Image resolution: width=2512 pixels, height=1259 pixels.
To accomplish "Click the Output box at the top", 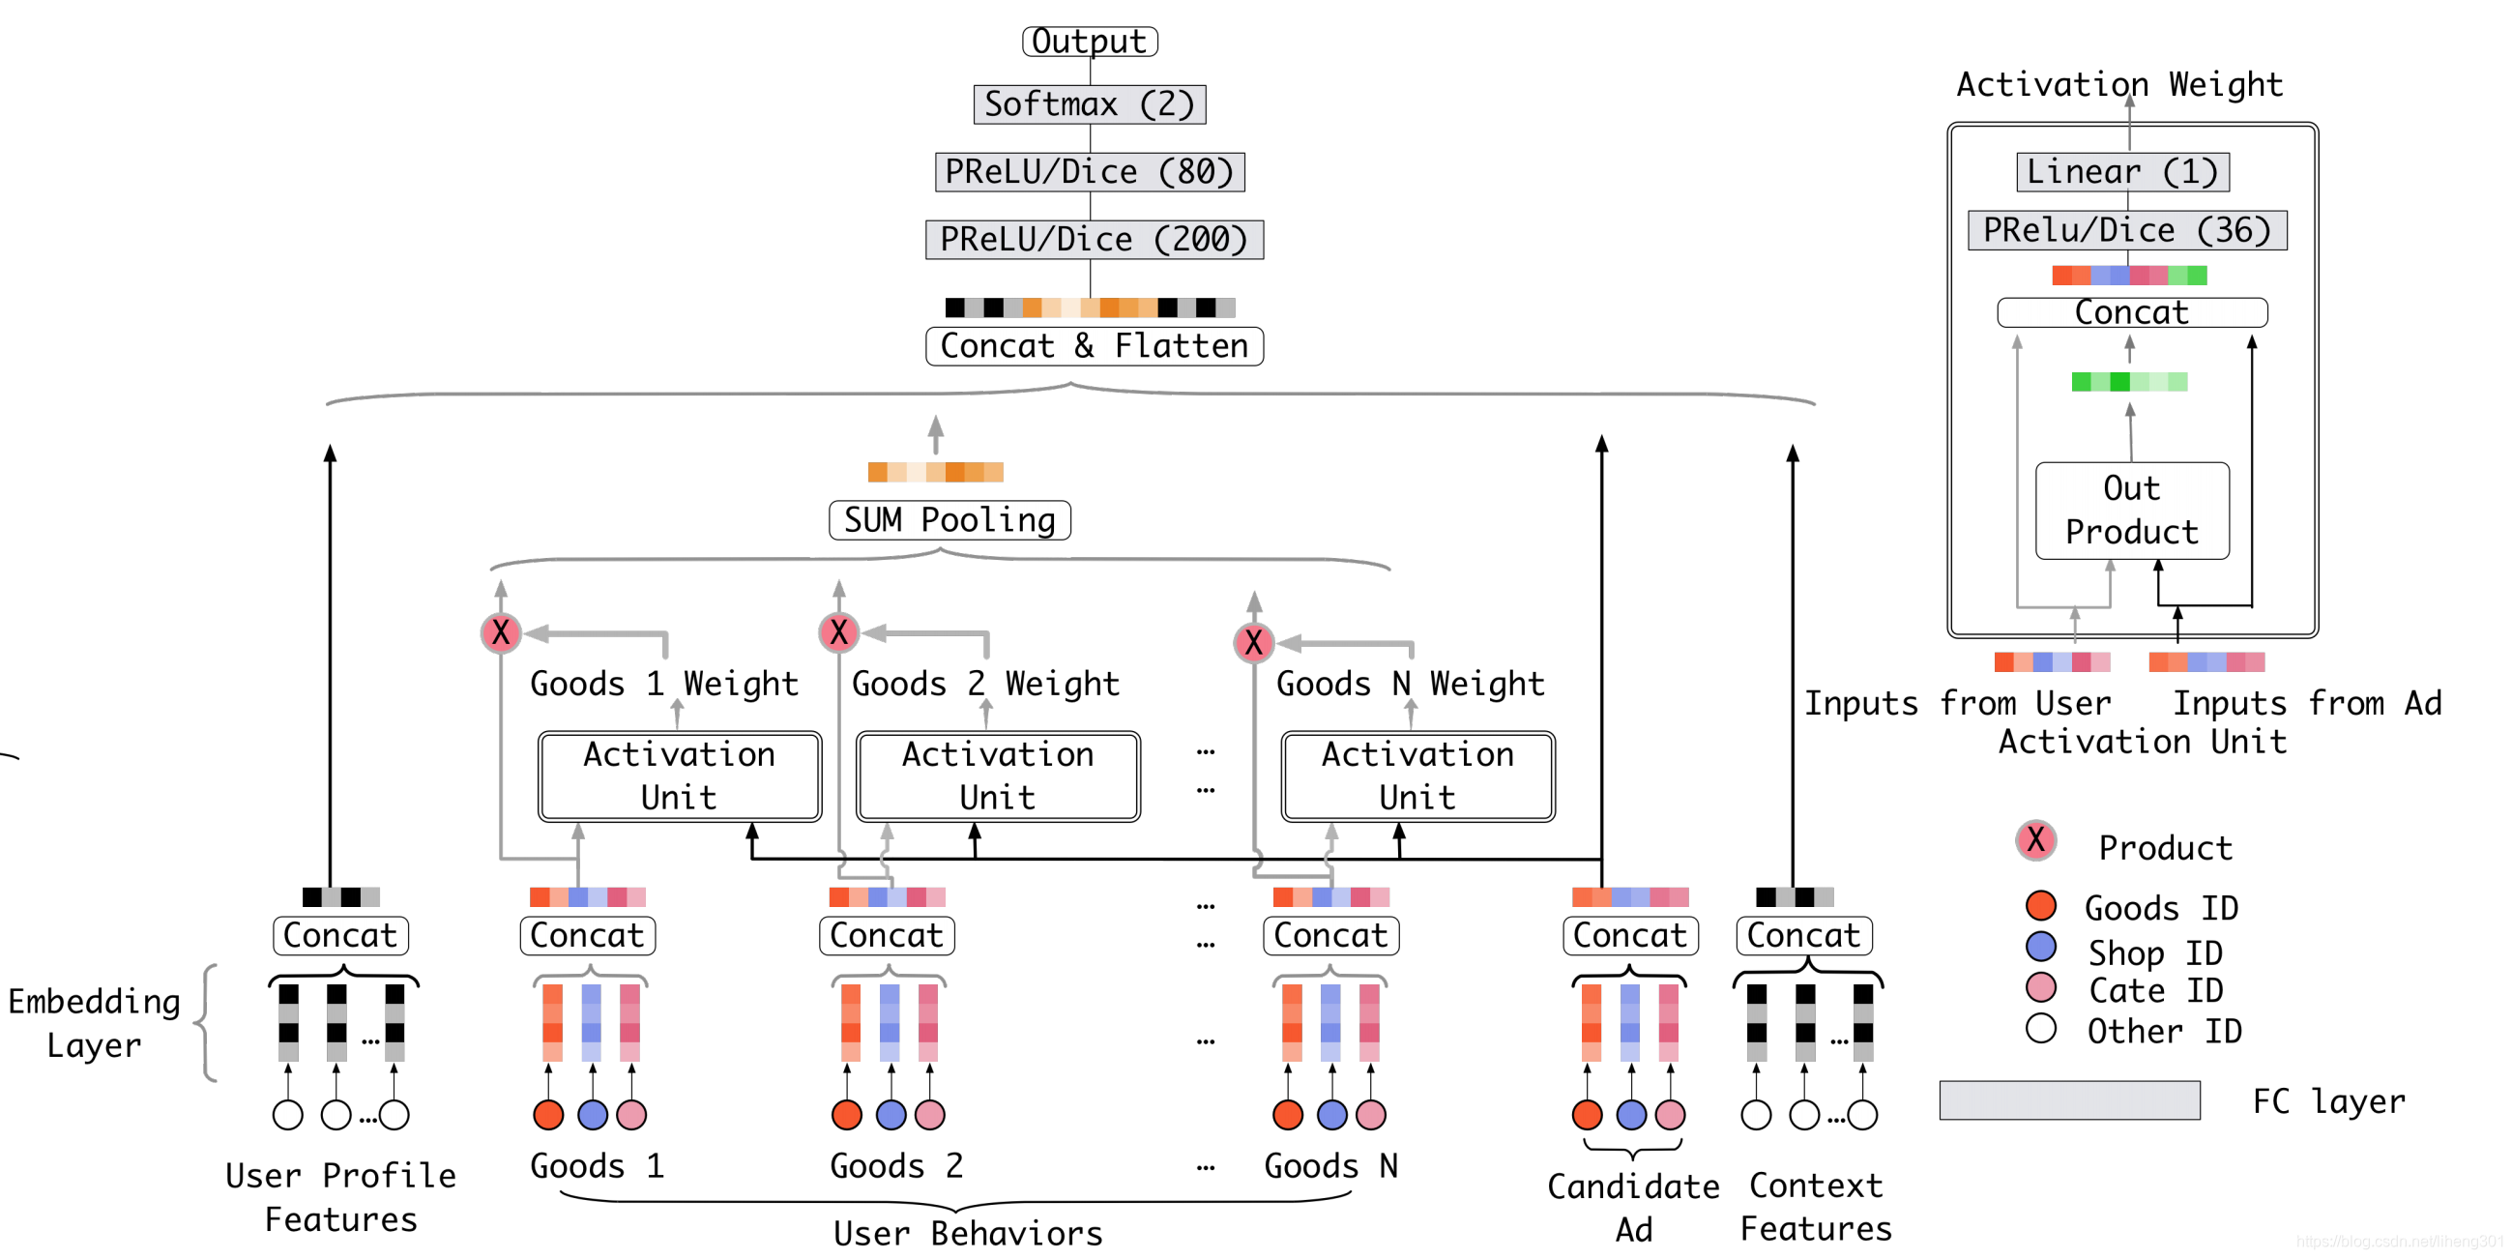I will click(x=1090, y=41).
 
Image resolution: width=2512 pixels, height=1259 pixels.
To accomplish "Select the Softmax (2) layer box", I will click(x=1090, y=104).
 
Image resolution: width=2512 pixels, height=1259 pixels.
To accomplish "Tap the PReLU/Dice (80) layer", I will click(x=1090, y=171).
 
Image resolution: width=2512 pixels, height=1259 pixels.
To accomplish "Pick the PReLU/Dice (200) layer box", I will click(x=1094, y=239).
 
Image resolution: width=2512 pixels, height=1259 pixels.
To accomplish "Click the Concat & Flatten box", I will click(x=1094, y=346).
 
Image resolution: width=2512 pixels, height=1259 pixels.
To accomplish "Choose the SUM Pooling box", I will click(x=949, y=520).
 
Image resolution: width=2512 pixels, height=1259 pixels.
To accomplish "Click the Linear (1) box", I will click(x=2122, y=171).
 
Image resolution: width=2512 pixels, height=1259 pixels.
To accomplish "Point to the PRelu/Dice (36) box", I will click(x=2126, y=230).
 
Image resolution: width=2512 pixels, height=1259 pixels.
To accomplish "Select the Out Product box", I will click(x=2132, y=510).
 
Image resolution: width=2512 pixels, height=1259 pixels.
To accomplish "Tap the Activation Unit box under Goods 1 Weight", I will click(x=679, y=776).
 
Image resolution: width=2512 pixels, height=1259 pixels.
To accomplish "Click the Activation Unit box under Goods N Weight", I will click(x=1417, y=776).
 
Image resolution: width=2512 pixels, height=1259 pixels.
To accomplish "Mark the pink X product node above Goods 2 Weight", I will click(x=838, y=632).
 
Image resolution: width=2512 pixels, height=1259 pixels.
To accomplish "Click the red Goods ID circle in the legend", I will click(x=2040, y=906).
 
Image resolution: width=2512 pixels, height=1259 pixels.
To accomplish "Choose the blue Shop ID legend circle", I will click(x=2040, y=947).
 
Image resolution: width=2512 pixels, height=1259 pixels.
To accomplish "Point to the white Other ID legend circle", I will click(x=2040, y=1028).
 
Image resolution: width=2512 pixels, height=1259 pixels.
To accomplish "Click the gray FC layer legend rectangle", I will click(x=2069, y=1100).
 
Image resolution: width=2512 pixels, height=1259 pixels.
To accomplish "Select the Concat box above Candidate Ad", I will click(x=1629, y=935).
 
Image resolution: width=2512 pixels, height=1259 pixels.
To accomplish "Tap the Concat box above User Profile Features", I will click(x=340, y=935).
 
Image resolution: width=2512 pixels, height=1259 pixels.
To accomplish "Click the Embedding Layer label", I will click(x=95, y=1022).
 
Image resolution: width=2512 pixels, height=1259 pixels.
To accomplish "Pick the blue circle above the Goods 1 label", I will click(x=592, y=1115).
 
